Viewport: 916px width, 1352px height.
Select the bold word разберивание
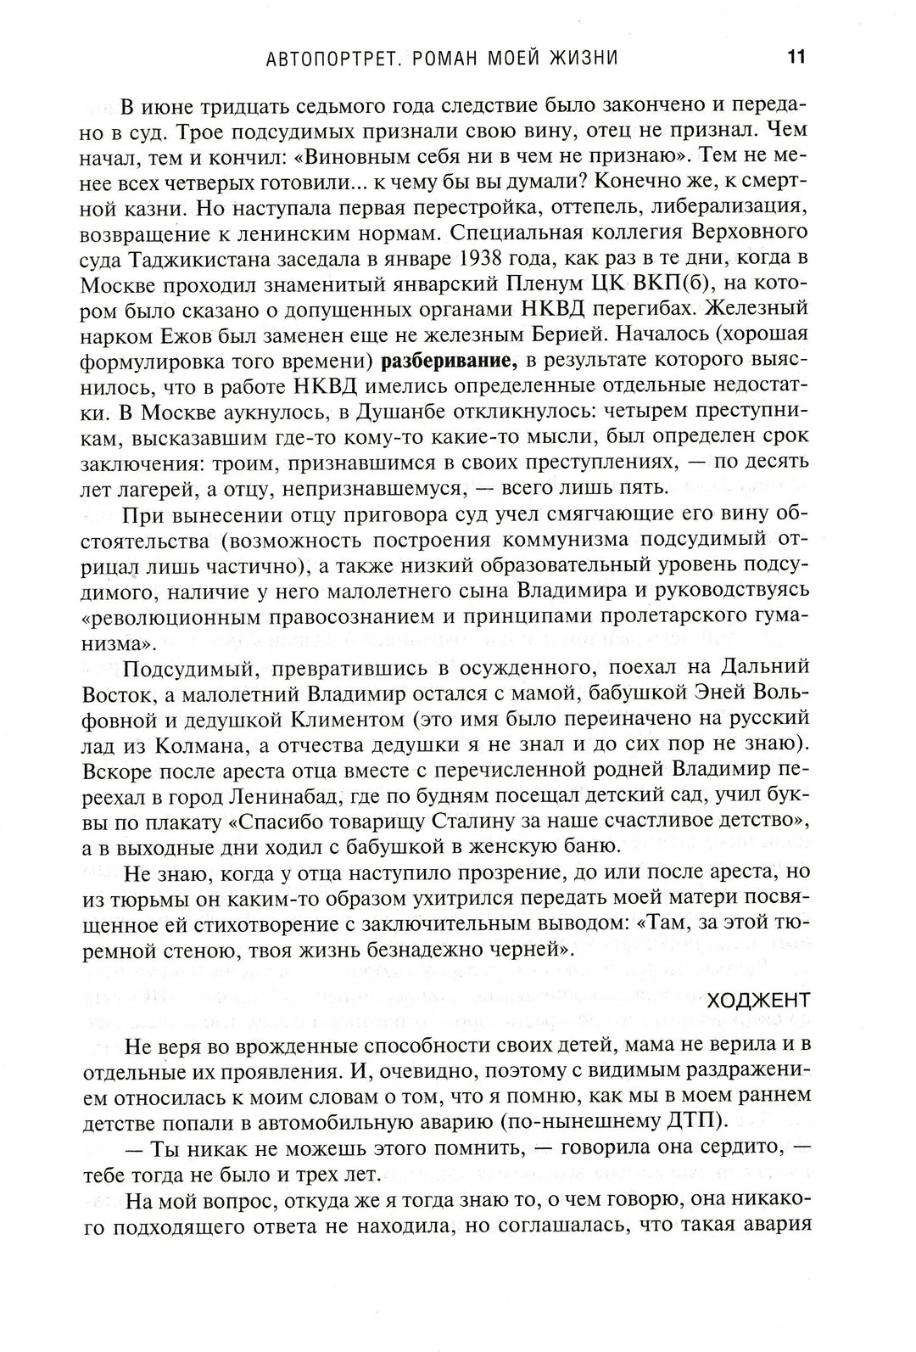(x=450, y=361)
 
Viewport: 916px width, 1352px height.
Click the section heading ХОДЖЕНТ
(x=757, y=1000)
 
